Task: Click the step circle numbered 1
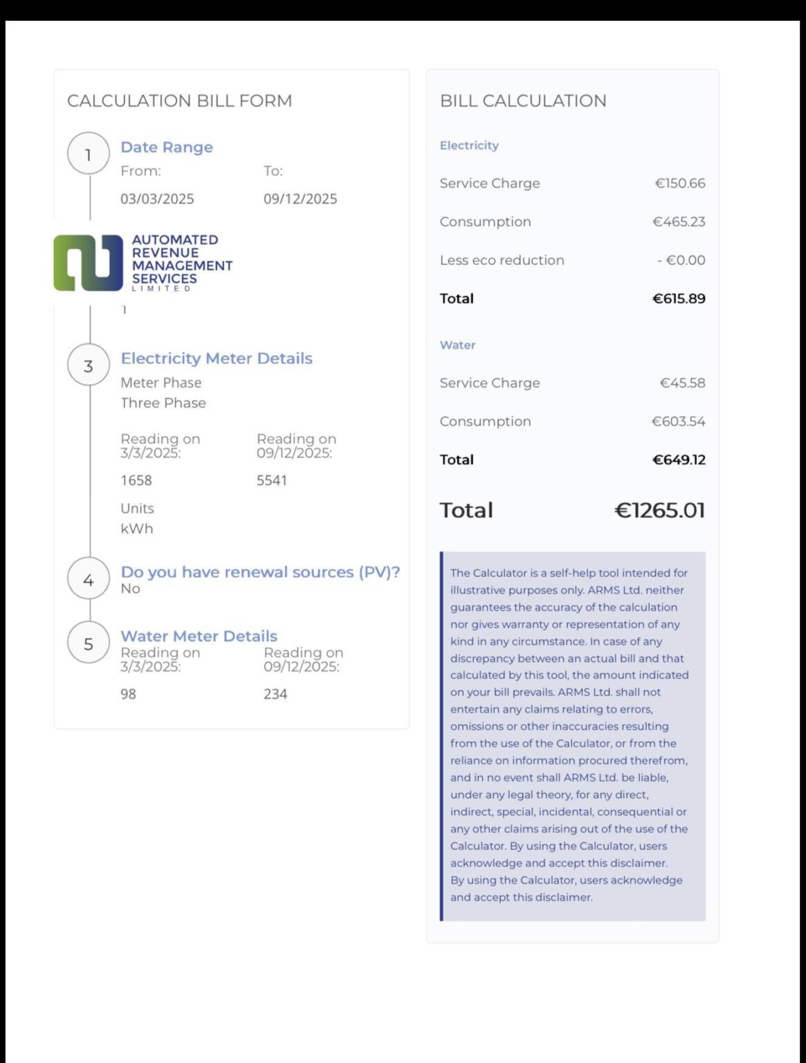[x=89, y=154]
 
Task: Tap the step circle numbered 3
[x=89, y=365]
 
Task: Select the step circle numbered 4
[x=89, y=579]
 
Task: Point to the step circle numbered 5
[x=89, y=643]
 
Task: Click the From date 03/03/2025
[x=157, y=199]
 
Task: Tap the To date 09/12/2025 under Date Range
[x=300, y=199]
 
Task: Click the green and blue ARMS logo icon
[x=88, y=263]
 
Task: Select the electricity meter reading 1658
[x=136, y=480]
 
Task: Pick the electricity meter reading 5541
[x=272, y=480]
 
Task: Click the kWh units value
[x=137, y=529]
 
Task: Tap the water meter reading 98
[x=128, y=694]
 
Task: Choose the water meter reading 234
[x=275, y=694]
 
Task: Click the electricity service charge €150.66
[x=680, y=183]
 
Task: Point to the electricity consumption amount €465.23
[x=679, y=222]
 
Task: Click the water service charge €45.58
[x=682, y=383]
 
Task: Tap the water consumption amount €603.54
[x=679, y=421]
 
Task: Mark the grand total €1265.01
[x=659, y=510]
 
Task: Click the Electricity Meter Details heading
[x=217, y=358]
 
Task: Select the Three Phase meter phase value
[x=163, y=403]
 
